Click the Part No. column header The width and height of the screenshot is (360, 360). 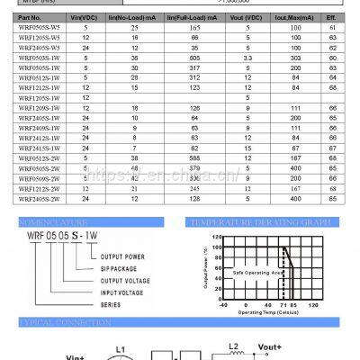30,17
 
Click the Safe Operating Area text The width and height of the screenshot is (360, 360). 258,271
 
